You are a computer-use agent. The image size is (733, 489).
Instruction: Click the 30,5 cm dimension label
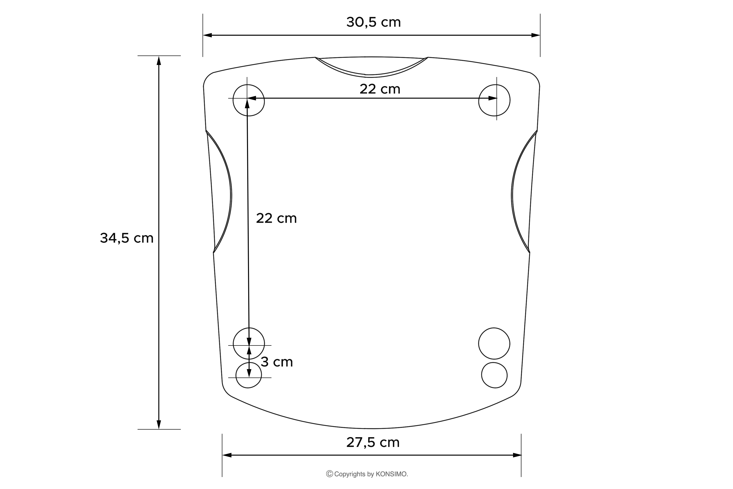pos(373,22)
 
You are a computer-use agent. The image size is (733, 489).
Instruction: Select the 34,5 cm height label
pos(127,238)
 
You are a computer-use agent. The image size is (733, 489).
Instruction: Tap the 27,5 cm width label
pos(373,443)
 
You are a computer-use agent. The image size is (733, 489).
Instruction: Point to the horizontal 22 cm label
pos(380,89)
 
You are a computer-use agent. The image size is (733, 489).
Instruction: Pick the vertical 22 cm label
pos(276,218)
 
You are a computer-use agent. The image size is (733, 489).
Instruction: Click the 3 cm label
pos(277,362)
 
